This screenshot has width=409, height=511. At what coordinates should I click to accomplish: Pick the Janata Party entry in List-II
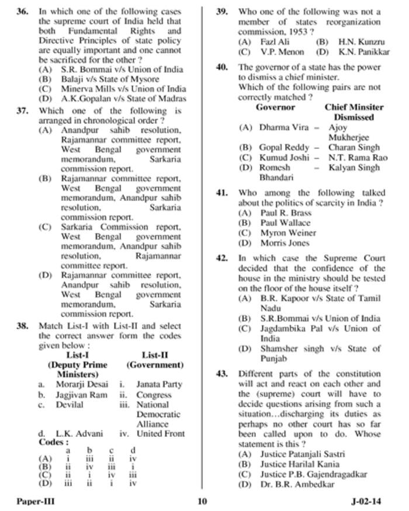(x=160, y=384)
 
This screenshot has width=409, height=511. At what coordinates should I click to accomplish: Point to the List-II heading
(x=155, y=354)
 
